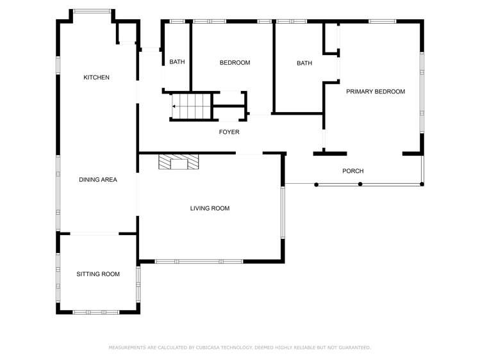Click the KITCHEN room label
tap(97, 78)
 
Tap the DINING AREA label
tap(98, 180)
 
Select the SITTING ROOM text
tap(98, 274)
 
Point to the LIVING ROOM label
tap(210, 208)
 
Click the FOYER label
tap(229, 132)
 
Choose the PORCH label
tap(352, 171)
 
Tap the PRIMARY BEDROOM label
tap(376, 92)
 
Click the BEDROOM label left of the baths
tap(235, 63)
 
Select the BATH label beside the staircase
tap(177, 62)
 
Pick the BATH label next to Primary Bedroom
tap(304, 63)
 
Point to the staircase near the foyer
tap(191, 106)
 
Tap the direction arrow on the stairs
tap(174, 106)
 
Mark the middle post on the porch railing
tap(360, 184)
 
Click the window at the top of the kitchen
tap(92, 11)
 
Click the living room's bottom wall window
tap(199, 261)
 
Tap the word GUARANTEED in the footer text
tap(354, 347)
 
